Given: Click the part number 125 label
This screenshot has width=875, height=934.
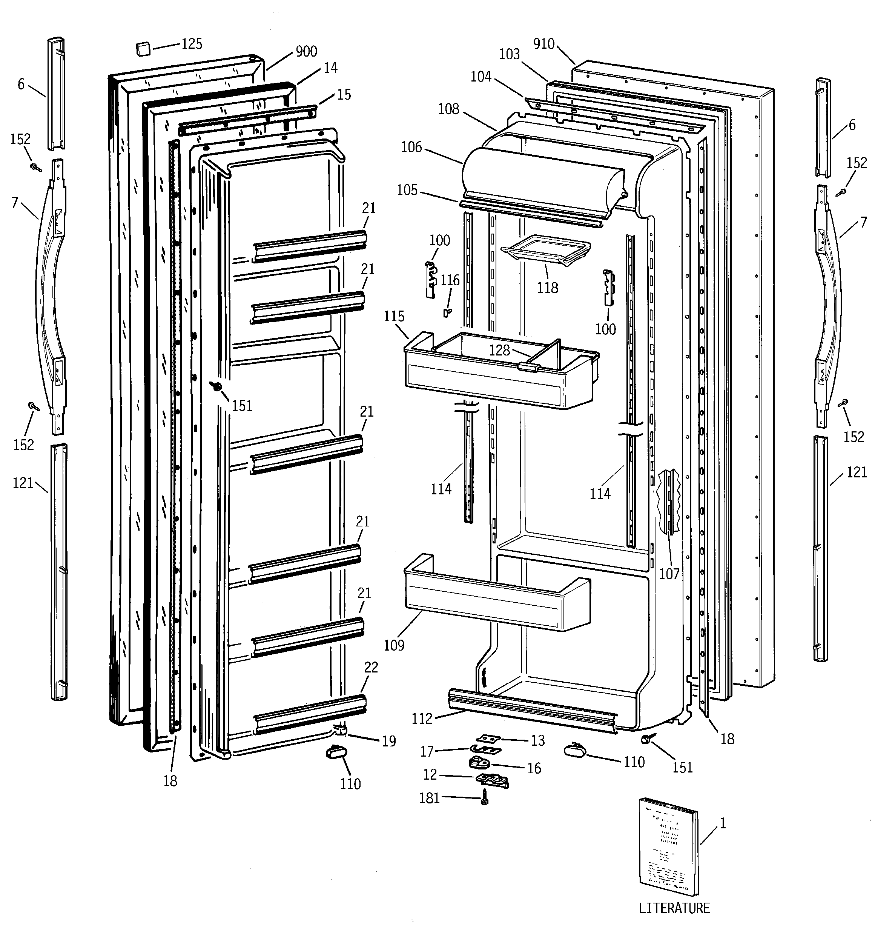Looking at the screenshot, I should [x=192, y=44].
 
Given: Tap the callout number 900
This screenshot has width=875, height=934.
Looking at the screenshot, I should [x=306, y=51].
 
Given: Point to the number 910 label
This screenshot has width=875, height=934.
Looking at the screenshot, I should [x=544, y=44].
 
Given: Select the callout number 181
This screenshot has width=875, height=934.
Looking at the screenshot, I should [x=429, y=798].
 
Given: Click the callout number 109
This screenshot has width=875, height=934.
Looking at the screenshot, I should [x=394, y=645].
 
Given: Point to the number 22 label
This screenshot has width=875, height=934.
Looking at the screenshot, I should [x=371, y=667].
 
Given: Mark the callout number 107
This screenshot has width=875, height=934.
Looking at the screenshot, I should [x=669, y=574].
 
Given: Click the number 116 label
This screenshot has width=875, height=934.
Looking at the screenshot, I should [x=450, y=280].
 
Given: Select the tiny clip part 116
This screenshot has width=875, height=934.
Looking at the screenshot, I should [x=446, y=312].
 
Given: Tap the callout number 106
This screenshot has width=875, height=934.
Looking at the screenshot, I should [x=411, y=147].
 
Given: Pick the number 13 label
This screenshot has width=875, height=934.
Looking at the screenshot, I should [x=538, y=740].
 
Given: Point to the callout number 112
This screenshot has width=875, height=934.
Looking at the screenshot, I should [x=421, y=719].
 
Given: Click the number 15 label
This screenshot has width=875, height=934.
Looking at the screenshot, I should [x=344, y=94].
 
